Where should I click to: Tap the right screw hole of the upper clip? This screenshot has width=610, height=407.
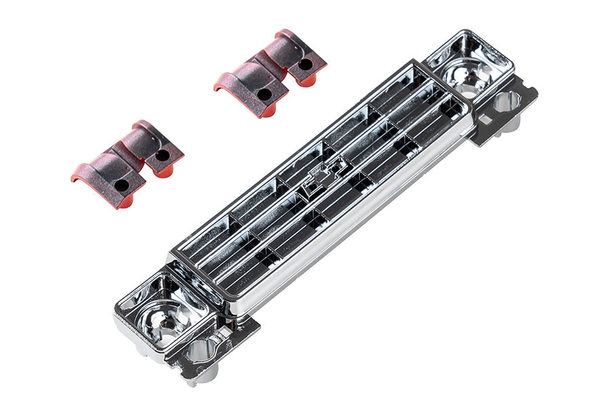click(x=306, y=64)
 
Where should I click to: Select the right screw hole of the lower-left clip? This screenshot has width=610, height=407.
click(x=163, y=155)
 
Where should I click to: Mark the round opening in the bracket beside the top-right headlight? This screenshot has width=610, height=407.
click(x=507, y=102)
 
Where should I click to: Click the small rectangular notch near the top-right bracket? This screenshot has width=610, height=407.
click(x=486, y=120)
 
